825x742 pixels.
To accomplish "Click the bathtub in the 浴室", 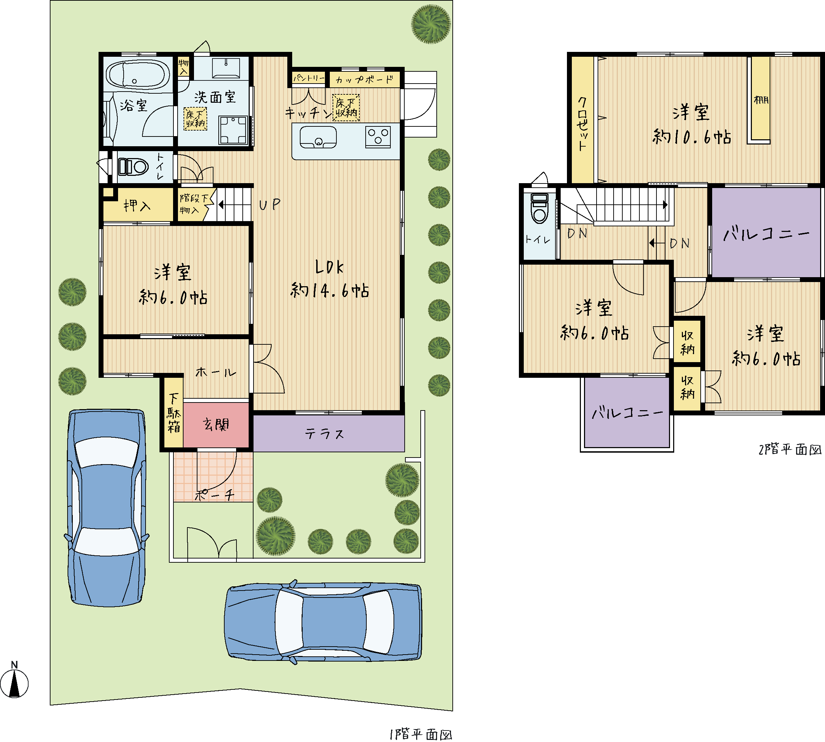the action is [x=138, y=75].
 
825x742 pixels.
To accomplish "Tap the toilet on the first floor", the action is [x=133, y=167].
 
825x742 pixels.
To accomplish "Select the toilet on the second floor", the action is [x=539, y=208].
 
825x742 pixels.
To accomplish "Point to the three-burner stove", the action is [x=378, y=136].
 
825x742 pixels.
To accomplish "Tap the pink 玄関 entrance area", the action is [x=216, y=425].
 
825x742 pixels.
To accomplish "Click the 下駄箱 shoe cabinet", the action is [x=174, y=412].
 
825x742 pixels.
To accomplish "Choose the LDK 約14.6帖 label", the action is [x=329, y=279].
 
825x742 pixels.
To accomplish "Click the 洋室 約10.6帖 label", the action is [x=692, y=124].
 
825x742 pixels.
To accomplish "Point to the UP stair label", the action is [x=270, y=204].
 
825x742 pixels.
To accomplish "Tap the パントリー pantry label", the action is [x=309, y=78].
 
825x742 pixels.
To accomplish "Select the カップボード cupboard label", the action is [x=364, y=79].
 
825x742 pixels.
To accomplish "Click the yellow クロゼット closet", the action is [x=582, y=119].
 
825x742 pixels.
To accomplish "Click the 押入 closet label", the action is [x=138, y=205].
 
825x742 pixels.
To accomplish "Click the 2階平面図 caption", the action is [x=790, y=449].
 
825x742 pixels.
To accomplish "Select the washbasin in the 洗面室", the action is [x=226, y=68].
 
